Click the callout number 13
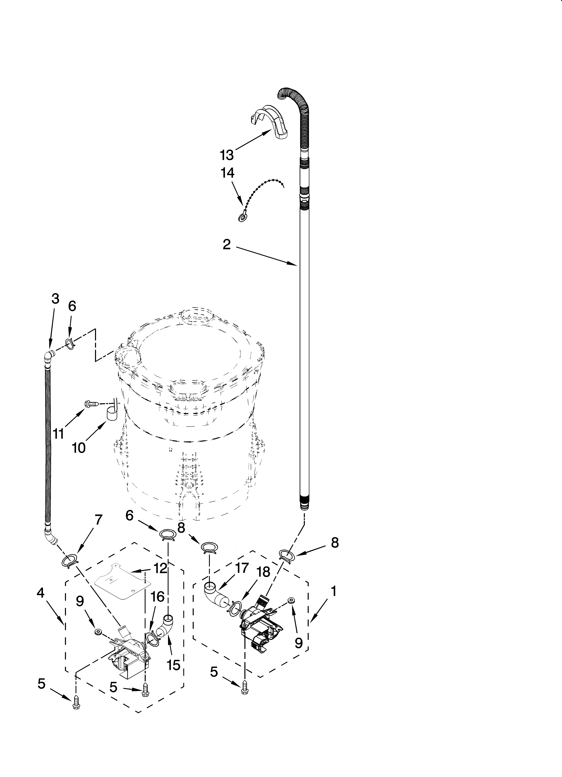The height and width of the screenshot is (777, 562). pyautogui.click(x=227, y=155)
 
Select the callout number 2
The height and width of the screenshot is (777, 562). pyautogui.click(x=227, y=245)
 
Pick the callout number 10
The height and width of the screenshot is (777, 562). pyautogui.click(x=79, y=448)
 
